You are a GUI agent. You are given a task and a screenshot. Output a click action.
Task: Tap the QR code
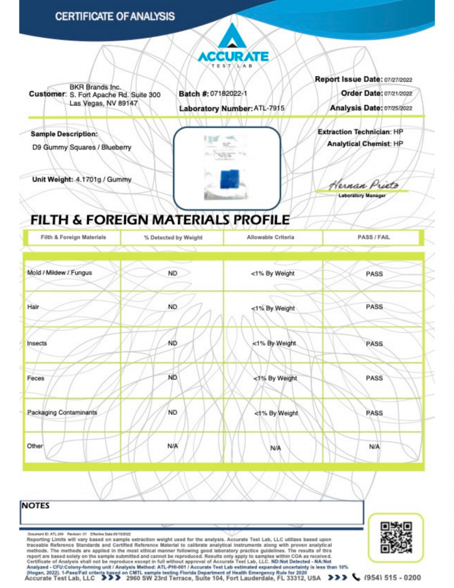(x=396, y=537)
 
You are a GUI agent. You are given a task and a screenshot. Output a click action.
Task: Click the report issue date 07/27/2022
(x=399, y=80)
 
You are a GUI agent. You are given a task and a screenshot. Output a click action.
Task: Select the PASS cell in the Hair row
(x=374, y=307)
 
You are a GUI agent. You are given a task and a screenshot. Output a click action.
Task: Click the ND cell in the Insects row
(x=172, y=343)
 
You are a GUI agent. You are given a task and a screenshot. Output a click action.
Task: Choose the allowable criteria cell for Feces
(x=274, y=378)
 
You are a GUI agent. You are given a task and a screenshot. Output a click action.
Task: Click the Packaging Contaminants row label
(x=62, y=412)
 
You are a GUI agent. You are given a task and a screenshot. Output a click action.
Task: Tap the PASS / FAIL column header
(x=374, y=237)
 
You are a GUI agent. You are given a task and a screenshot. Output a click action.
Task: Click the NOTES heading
(x=36, y=506)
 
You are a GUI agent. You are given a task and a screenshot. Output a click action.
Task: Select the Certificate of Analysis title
(x=115, y=17)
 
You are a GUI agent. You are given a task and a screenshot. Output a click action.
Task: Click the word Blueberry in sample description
(x=117, y=148)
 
